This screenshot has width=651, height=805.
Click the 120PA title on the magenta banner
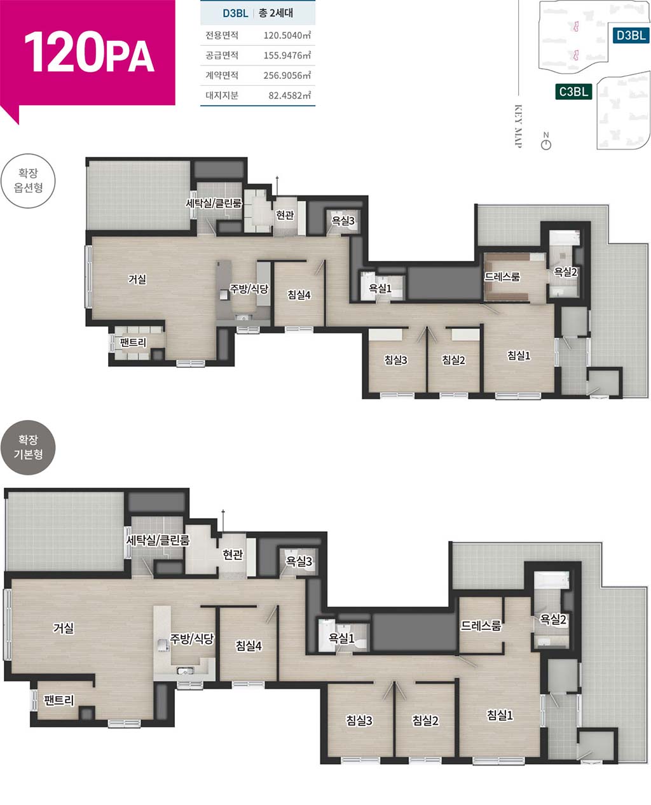[x=89, y=52]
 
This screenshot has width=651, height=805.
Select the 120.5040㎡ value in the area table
[x=287, y=35]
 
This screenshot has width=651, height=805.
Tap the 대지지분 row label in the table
[x=222, y=95]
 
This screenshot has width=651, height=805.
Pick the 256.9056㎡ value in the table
[x=287, y=75]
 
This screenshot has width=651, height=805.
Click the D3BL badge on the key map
[x=630, y=36]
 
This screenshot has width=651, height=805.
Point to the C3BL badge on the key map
[x=573, y=92]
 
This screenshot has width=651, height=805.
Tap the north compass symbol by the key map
[x=545, y=141]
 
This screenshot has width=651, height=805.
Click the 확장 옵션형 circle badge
[x=28, y=181]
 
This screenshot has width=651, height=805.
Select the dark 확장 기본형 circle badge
[x=28, y=447]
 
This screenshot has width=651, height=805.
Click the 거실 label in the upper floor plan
[x=137, y=279]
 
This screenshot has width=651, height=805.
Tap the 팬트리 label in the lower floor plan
[x=59, y=700]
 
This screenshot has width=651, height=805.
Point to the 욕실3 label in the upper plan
[x=343, y=221]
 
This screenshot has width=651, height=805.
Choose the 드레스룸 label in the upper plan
[x=502, y=277]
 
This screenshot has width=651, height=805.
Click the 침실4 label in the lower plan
[x=249, y=645]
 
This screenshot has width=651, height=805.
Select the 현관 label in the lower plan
[x=233, y=554]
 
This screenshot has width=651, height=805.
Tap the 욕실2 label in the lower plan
[x=553, y=619]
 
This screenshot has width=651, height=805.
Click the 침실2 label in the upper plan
[x=453, y=360]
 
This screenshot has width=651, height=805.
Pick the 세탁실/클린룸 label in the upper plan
[x=214, y=204]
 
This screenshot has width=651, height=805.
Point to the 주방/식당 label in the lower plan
[x=192, y=639]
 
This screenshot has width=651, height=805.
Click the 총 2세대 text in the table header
[x=276, y=13]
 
